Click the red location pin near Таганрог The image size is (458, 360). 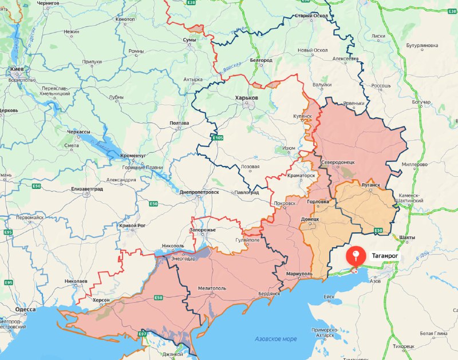coord(356,255)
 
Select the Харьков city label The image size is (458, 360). coord(247,98)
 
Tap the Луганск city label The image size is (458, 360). coord(370,185)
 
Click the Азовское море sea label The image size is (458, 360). coord(276,339)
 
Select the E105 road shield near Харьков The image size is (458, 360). coord(217,138)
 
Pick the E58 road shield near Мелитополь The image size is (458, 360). coord(158,298)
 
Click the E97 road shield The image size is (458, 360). coord(143,334)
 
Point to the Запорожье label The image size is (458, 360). coord(203,230)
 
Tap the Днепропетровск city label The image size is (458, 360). coord(199,192)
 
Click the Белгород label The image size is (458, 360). coord(261,60)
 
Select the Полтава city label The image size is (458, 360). coord(179,123)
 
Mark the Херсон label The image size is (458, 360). coord(100,300)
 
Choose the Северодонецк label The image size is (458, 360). coord(338,162)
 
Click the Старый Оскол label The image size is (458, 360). coord(310,15)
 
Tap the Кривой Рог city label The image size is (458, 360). coord(132,226)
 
